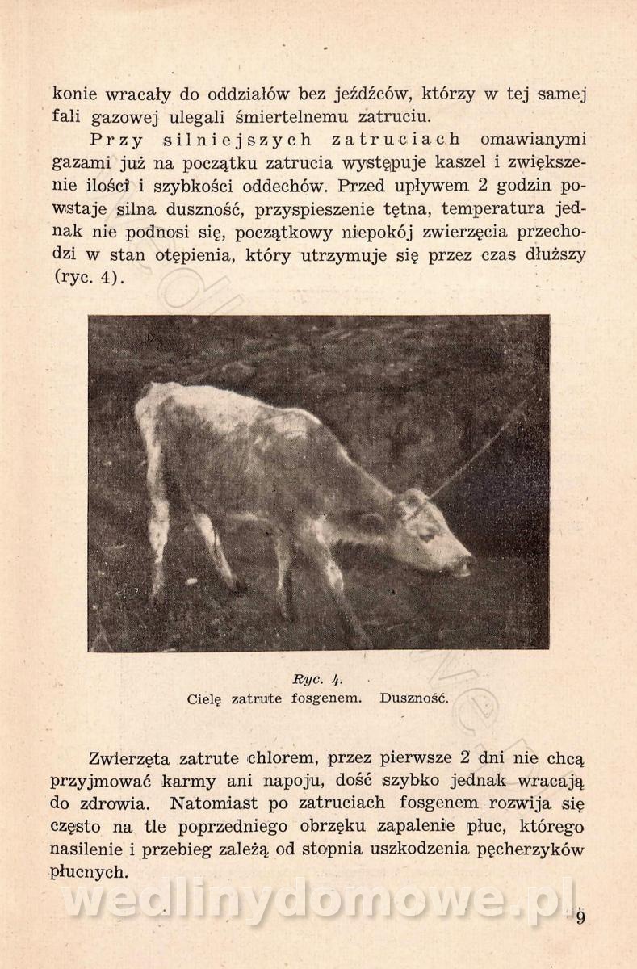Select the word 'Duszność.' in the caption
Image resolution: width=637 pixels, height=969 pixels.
[414, 698]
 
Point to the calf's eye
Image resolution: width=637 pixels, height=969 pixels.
[425, 535]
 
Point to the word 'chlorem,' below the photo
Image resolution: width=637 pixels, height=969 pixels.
[285, 759]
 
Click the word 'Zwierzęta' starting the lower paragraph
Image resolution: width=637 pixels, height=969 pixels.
[130, 759]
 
